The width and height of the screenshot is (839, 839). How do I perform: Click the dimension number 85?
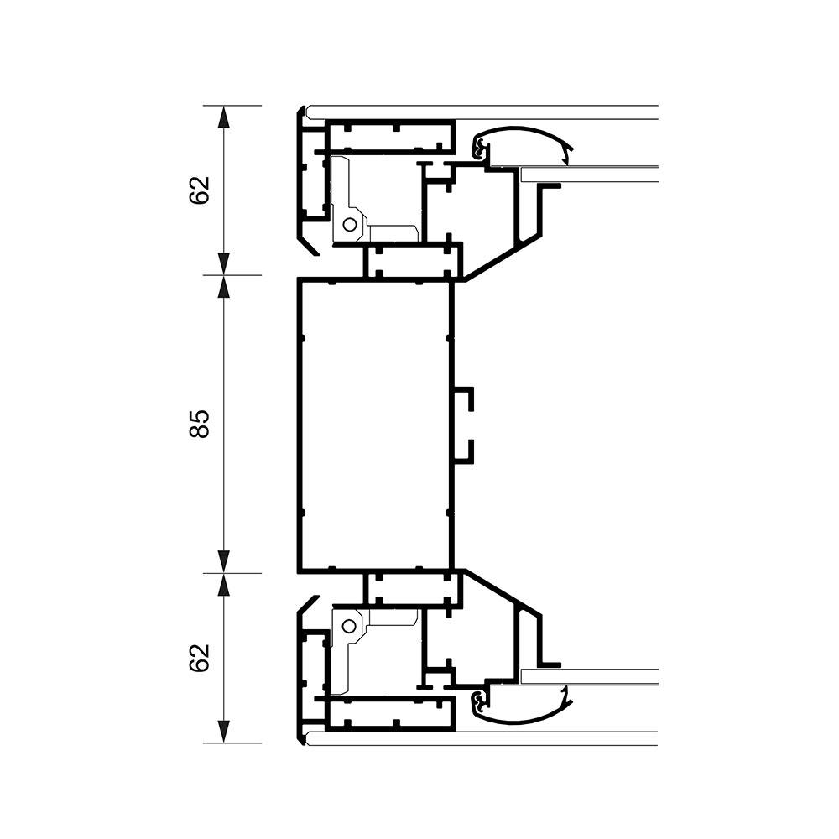coord(199,425)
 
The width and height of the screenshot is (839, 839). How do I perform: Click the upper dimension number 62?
coord(199,190)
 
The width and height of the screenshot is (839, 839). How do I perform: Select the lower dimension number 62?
coord(199,658)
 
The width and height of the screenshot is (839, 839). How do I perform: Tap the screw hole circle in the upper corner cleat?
coord(349,225)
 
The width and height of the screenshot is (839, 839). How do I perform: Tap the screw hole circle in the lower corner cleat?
coord(349,625)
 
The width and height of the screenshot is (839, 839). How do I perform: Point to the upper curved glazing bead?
coord(524,130)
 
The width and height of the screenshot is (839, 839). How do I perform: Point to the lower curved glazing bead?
coord(524,719)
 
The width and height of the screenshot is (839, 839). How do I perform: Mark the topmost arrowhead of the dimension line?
coord(224,117)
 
